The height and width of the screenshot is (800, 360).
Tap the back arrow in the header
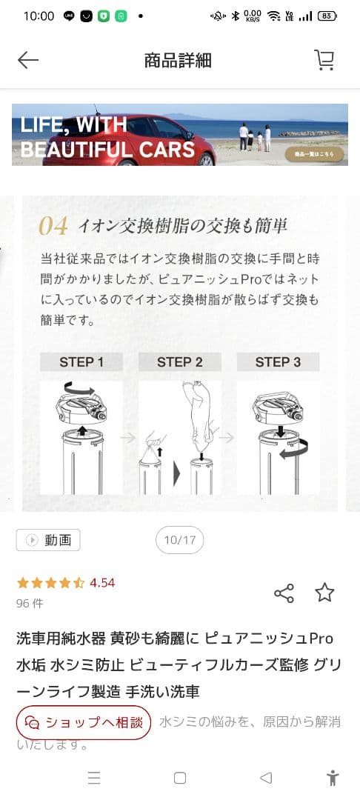tap(28, 60)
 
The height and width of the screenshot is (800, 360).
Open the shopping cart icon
tap(324, 60)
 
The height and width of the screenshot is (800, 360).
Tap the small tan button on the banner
tap(315, 154)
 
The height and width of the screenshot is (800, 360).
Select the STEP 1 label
tap(81, 362)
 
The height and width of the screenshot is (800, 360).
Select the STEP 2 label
tap(179, 362)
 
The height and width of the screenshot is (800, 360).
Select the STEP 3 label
tap(278, 362)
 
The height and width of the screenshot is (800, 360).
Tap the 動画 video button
tap(48, 540)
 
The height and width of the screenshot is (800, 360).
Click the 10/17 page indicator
tap(179, 540)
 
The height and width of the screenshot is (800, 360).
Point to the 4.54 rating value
tap(102, 582)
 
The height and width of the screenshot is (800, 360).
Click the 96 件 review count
tap(30, 603)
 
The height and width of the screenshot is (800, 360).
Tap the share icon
tap(284, 593)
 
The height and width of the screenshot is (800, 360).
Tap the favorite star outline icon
tap(324, 593)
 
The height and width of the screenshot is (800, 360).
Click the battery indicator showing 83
tap(327, 16)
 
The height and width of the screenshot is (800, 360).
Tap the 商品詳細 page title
tap(178, 60)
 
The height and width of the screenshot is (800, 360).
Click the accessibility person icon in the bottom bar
tap(333, 777)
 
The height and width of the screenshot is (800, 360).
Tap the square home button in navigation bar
tap(179, 777)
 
